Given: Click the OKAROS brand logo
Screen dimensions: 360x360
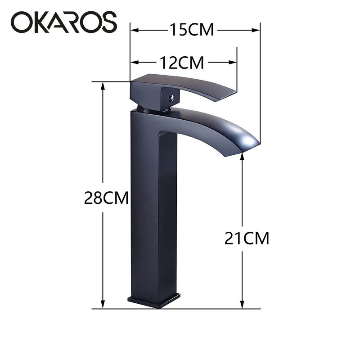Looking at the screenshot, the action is (x=64, y=22).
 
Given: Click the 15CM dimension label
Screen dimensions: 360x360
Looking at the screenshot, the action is (x=192, y=30).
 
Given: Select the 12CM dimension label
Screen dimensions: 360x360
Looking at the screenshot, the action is (x=182, y=63).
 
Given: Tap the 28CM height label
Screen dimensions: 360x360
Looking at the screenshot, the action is (x=106, y=198).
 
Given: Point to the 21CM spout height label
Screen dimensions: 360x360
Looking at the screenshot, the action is (x=247, y=238).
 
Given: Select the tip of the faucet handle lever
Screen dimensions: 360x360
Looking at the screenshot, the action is (x=235, y=91).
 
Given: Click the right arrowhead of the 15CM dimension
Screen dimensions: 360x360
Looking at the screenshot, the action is (x=256, y=30).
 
